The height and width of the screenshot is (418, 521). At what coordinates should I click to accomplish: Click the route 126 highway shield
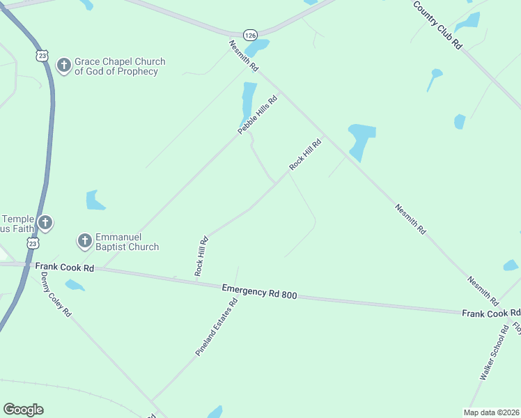(250, 34)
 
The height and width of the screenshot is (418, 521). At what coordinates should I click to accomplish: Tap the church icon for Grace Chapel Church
(63, 66)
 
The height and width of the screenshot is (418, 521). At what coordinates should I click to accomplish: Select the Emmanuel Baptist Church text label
(127, 242)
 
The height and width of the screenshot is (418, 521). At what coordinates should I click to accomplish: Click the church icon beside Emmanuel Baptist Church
(84, 241)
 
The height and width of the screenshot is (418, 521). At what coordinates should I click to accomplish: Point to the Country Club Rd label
(437, 24)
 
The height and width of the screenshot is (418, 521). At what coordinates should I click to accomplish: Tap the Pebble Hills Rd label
(258, 115)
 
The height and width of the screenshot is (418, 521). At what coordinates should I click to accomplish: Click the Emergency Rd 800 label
(260, 291)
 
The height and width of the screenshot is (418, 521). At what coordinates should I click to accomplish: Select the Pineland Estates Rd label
(217, 327)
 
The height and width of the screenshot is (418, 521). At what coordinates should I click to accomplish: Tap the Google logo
(23, 410)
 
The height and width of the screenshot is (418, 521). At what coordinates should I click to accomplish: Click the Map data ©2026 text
(491, 412)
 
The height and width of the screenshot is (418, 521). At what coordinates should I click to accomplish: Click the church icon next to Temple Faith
(45, 223)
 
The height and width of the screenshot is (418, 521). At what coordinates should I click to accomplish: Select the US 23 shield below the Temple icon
(33, 242)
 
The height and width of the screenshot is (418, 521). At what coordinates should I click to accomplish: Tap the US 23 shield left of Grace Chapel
(42, 54)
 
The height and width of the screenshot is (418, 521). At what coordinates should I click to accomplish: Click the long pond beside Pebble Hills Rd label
(248, 101)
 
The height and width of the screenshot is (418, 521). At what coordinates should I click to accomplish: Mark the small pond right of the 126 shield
(258, 47)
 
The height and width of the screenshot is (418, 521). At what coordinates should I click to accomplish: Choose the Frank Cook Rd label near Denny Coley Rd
(64, 268)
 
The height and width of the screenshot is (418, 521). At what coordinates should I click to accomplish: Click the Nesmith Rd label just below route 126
(244, 56)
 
